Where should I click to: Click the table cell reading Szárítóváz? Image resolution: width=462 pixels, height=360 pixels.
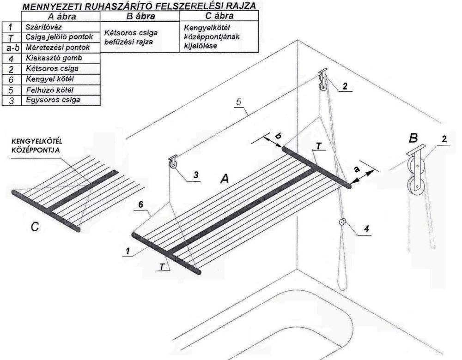[43, 27]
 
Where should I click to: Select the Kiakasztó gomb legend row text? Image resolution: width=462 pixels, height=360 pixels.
[54, 58]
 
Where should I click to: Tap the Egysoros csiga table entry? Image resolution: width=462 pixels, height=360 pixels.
[53, 100]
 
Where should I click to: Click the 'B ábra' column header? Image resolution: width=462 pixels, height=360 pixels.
[140, 16]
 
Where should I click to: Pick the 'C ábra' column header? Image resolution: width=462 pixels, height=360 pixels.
[219, 16]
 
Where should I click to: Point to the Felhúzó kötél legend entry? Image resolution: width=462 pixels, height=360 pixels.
[49, 90]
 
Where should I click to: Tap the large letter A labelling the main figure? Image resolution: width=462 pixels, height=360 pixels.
[225, 178]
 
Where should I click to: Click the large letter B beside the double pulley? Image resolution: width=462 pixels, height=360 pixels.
[413, 138]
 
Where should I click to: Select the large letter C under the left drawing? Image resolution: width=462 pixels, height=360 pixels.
[35, 226]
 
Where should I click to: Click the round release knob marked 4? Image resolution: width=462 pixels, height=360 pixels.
[342, 222]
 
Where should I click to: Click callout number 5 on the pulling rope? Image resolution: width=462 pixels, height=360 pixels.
[239, 102]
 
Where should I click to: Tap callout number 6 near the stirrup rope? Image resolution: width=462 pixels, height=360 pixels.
[141, 204]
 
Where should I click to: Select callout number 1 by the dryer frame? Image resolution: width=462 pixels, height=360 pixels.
[128, 251]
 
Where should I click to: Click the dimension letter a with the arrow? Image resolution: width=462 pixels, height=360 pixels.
[357, 169]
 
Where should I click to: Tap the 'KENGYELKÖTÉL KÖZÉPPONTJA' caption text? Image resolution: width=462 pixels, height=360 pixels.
[37, 145]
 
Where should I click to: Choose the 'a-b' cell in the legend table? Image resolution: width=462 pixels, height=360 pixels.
[12, 48]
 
